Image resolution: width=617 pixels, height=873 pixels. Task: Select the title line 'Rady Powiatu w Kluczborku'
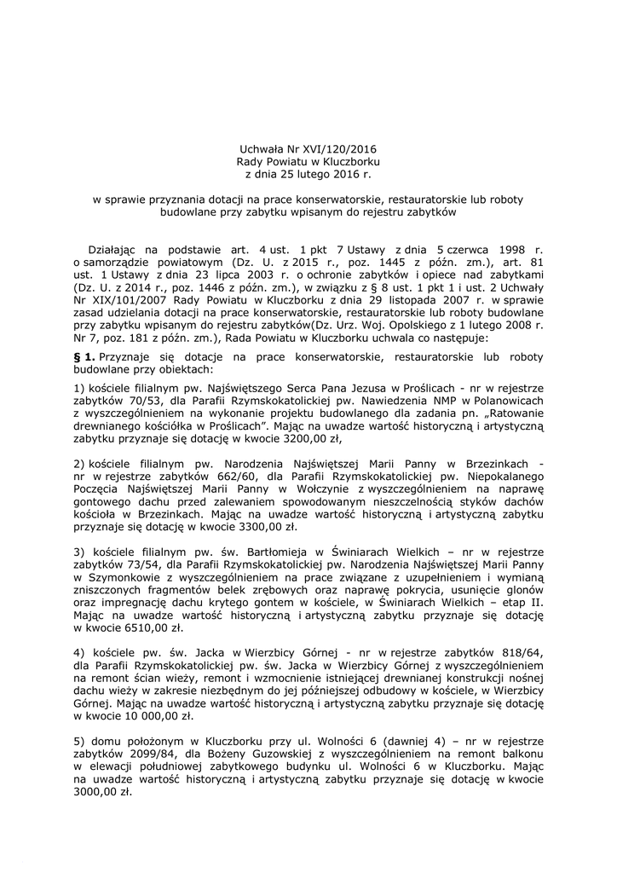pyautogui.click(x=308, y=161)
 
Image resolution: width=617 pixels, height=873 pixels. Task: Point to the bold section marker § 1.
pyautogui.click(x=84, y=354)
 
